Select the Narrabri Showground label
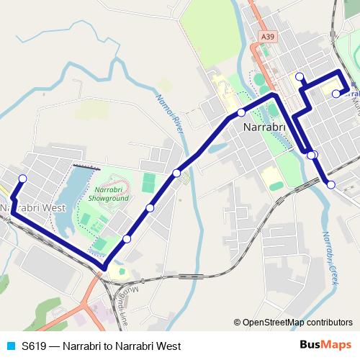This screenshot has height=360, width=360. (x=111, y=193)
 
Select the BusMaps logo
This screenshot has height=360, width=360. (x=325, y=346)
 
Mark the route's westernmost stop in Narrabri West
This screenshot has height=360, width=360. (x=22, y=179)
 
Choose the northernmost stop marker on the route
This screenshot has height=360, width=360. (x=300, y=77)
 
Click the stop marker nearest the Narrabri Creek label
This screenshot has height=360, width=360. (x=331, y=185)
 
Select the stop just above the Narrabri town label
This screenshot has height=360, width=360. (x=241, y=112)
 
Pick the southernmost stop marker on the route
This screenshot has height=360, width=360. (x=127, y=239)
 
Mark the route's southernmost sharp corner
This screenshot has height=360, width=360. (x=105, y=269)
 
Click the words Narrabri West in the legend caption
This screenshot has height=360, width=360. (x=151, y=346)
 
